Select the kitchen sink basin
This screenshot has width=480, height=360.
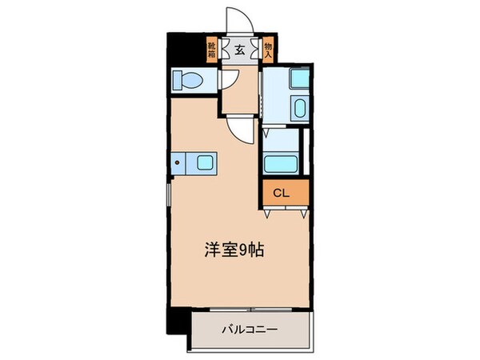tap(203, 163)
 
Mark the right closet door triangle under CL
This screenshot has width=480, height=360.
tap(300, 212)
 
